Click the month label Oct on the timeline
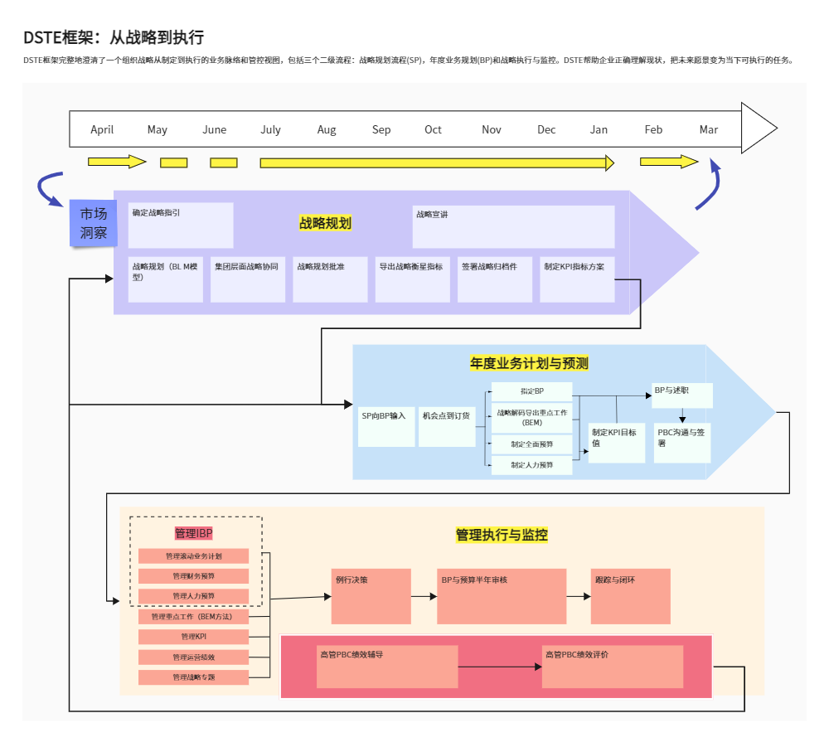(x=433, y=129)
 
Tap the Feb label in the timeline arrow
(x=653, y=129)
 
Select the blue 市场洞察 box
(x=93, y=224)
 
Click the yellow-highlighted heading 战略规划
(x=325, y=223)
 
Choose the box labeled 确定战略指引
(x=180, y=225)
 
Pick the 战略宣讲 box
(x=513, y=226)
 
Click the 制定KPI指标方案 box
(x=577, y=279)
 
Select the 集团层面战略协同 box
(x=247, y=279)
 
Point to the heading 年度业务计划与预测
(x=529, y=363)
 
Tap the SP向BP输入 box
(x=386, y=425)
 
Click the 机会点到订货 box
(x=447, y=425)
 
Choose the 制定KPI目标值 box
(x=616, y=442)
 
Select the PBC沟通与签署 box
(x=681, y=442)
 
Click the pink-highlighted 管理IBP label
(x=194, y=533)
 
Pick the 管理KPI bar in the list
(x=194, y=637)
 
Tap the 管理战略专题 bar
(x=194, y=677)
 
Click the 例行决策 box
(x=371, y=595)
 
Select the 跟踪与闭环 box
(x=630, y=595)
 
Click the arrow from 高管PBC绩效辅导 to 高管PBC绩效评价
(x=499, y=667)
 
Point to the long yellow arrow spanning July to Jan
(x=437, y=162)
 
